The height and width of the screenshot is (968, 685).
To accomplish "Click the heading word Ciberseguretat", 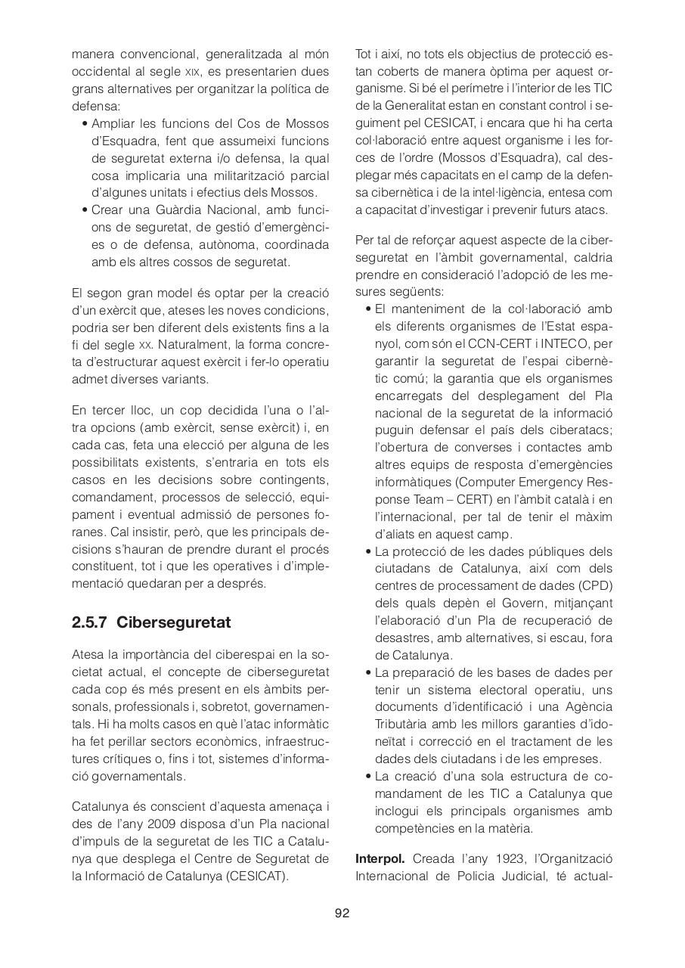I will click(x=173, y=622).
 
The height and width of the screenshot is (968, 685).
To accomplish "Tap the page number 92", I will click(x=342, y=913).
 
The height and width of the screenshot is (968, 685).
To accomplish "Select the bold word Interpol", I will click(x=380, y=859).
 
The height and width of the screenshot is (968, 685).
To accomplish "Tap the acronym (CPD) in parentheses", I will click(x=596, y=586).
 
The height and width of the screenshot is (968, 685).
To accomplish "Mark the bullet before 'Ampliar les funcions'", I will click(x=84, y=123).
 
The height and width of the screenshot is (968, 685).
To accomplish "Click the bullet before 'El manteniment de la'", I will click(x=367, y=309).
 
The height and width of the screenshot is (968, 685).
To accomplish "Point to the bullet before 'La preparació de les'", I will click(x=367, y=672).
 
